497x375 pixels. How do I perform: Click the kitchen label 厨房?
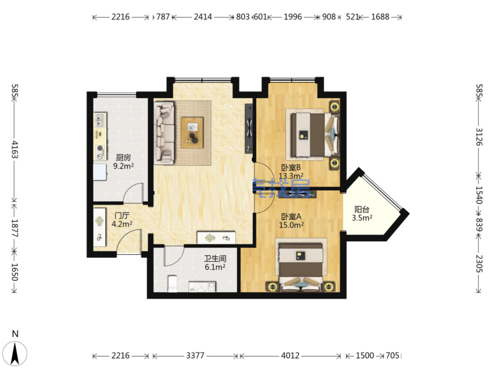[x=123, y=157]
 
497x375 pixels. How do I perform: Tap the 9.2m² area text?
[x=123, y=166]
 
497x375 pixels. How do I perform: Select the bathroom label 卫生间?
[x=215, y=258]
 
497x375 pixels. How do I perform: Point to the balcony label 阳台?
[x=362, y=209]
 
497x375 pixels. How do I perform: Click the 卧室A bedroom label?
[x=291, y=217]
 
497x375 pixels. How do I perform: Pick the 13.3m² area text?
[x=291, y=176]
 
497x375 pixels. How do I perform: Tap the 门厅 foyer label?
[x=122, y=216]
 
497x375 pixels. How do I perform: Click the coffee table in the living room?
[x=192, y=133]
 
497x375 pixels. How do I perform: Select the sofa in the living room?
[x=164, y=133]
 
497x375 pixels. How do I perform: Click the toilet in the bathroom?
[x=172, y=283]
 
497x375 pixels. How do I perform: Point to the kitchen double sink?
[x=100, y=120]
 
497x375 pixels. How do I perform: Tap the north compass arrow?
[x=15, y=354]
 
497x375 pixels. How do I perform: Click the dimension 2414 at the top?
[x=203, y=17]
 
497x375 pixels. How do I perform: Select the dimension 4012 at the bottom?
[x=290, y=356]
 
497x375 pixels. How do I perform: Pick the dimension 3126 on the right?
[x=479, y=137]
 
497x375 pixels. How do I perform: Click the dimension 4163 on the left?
[x=15, y=149]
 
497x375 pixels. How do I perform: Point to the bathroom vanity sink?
[x=202, y=287]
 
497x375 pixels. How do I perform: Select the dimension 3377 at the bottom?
[x=195, y=356]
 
